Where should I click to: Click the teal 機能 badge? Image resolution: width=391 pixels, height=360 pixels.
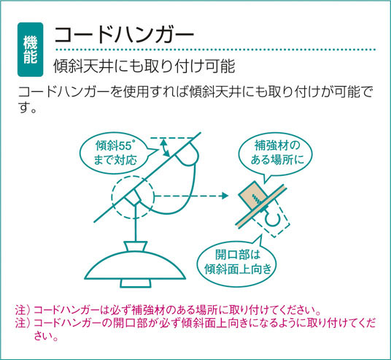coord(30,50)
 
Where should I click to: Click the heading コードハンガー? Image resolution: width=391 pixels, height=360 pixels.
coord(124,35)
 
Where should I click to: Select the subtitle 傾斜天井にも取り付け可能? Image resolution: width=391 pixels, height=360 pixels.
coord(144,66)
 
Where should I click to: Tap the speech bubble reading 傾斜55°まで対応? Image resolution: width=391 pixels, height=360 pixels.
coord(117,153)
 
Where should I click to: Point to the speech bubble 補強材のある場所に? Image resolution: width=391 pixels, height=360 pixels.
coord(275,153)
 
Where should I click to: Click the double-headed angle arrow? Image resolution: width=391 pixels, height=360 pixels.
coord(165,148)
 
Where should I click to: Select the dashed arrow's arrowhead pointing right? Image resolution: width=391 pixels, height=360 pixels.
coord(225,196)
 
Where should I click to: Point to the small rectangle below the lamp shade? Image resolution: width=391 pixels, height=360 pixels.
coord(136,283)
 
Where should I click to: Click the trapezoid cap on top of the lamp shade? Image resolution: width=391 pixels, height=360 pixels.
coord(136,246)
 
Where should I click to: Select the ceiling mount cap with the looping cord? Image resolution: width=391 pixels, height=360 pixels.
coord(187,156)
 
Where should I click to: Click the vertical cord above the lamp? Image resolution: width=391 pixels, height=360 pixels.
coord(136,223)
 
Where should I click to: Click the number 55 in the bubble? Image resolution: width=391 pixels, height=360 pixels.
coord(125,146)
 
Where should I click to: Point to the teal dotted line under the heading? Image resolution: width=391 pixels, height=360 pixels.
coord(216,50)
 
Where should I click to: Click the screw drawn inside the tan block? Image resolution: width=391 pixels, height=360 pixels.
coord(257,198)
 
